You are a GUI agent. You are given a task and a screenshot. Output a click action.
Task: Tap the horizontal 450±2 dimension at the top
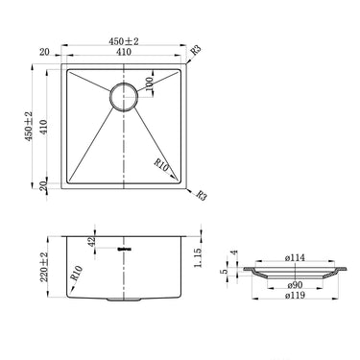click(x=123, y=42)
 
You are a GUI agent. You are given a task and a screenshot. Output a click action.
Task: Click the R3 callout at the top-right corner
click(x=195, y=49)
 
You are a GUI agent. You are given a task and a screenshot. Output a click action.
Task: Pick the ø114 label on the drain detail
click(x=294, y=258)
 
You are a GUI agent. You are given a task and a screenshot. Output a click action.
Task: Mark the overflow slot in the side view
click(x=123, y=250)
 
